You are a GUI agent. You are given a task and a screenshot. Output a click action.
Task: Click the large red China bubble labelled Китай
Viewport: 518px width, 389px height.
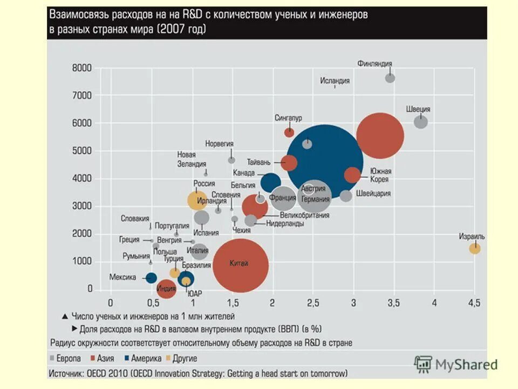coord(241,265)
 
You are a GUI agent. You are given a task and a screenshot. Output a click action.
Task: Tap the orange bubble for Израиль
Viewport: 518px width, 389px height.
coord(474,249)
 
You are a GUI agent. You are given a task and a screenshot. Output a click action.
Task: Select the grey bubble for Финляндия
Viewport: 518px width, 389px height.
coord(390,78)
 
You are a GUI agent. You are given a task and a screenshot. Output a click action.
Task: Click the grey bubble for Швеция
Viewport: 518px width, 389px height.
coord(421,122)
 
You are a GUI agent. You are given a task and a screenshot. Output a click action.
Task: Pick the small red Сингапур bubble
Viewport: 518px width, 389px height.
coord(289,132)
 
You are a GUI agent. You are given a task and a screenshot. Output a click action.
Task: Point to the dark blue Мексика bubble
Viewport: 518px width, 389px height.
coord(151,278)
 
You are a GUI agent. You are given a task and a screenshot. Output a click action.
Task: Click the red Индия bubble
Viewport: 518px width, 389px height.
coord(167,291)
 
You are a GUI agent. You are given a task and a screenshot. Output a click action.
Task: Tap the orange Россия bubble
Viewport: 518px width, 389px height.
coord(197,200)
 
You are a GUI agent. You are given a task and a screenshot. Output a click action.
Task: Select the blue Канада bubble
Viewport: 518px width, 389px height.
coord(270,183)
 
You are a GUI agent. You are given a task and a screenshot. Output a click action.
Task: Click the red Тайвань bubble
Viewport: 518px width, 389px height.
coord(289,163)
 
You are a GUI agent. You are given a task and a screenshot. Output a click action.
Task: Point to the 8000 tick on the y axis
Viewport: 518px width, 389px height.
coord(82,68)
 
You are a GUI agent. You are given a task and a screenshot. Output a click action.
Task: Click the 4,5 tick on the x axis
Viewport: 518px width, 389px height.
coord(474,303)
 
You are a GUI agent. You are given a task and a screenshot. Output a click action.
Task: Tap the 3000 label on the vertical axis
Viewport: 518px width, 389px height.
coord(82,206)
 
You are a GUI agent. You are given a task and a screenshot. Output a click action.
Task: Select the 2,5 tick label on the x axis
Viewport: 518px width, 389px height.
coord(312,303)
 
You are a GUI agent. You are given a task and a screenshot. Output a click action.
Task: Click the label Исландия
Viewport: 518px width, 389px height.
coord(335,81)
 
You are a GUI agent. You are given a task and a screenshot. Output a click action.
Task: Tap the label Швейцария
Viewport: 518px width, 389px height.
coord(373,193)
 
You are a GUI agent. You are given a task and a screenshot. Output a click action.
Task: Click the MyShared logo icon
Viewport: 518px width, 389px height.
coord(424,364)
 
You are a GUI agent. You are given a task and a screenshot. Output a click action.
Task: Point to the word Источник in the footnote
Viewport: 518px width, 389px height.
coord(67,373)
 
